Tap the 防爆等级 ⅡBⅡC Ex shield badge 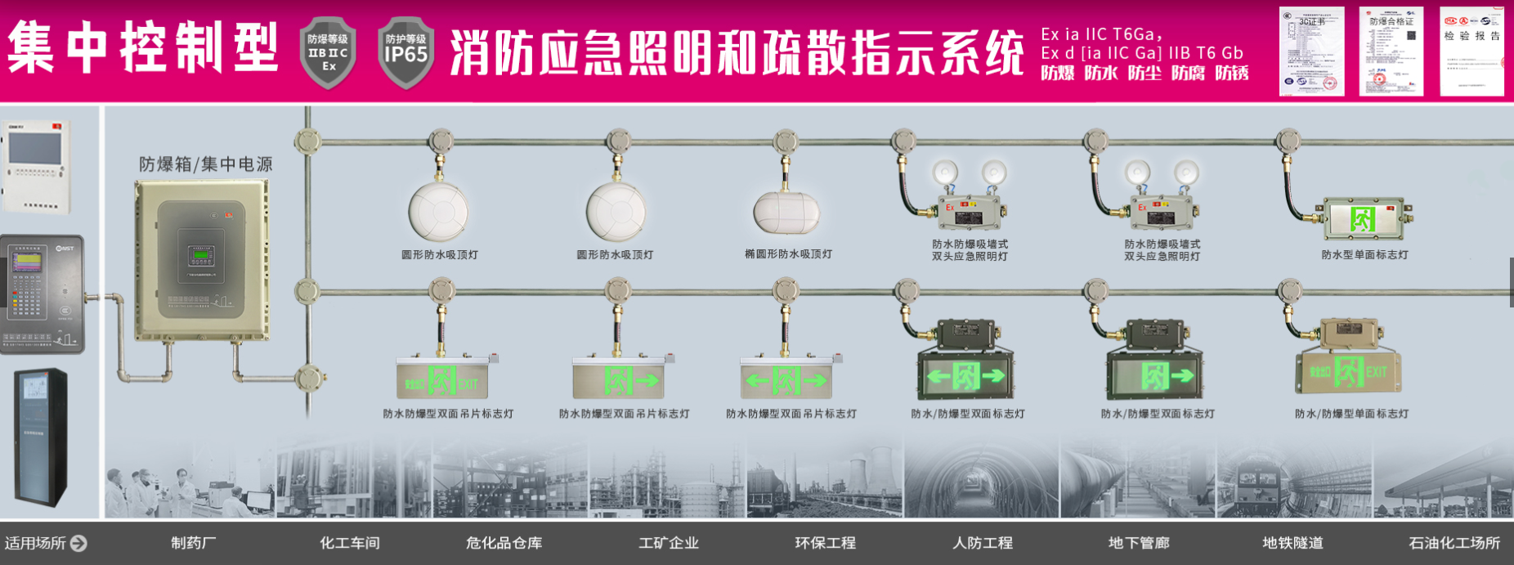pos(328,52)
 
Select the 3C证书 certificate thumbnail pos(1311,51)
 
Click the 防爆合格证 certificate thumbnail pos(1391,51)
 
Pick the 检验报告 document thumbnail pos(1471,51)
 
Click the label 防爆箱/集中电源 pos(205,164)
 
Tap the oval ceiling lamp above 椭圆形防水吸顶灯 pos(786,212)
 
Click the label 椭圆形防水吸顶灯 pos(788,254)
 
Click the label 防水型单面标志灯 pos(1364,255)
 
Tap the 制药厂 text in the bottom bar pos(194,543)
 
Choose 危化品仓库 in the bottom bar pos(504,543)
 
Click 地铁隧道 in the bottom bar pos(1292,543)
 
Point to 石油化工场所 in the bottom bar pos(1454,543)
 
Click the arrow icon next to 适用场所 pos(78,543)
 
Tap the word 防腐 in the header pos(1188,74)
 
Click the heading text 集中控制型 pos(143,47)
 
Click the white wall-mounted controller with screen pos(34,166)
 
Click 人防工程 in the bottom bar pos(983,543)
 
